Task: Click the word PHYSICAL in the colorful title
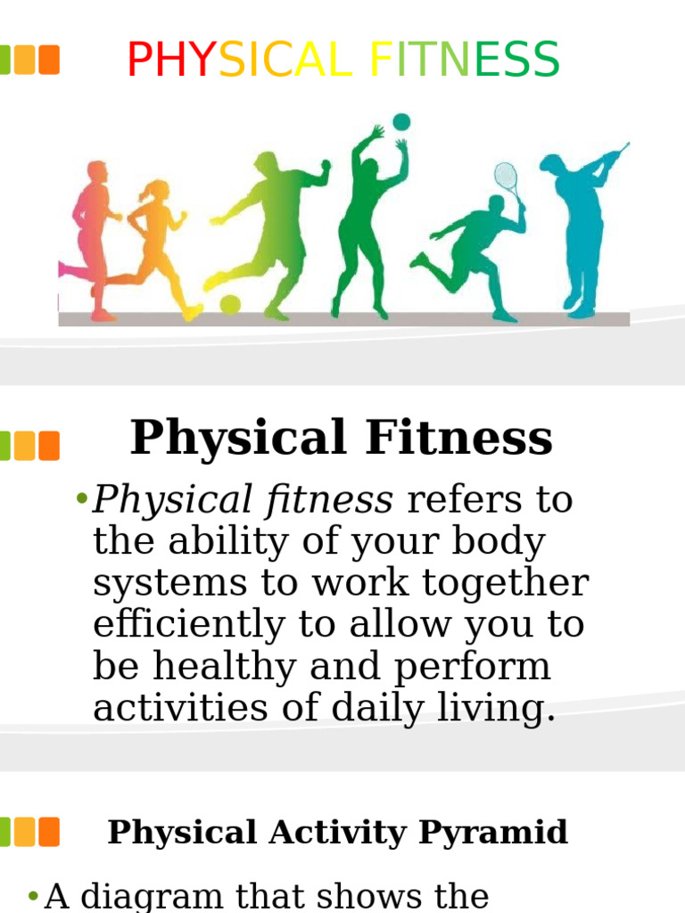[x=239, y=61]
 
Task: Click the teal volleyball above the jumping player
[x=401, y=121]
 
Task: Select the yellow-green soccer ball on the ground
[x=230, y=305]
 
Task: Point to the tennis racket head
[x=506, y=176]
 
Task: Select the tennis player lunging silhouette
[x=473, y=250]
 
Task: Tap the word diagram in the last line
[x=157, y=897]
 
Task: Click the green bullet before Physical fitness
[x=82, y=499]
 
